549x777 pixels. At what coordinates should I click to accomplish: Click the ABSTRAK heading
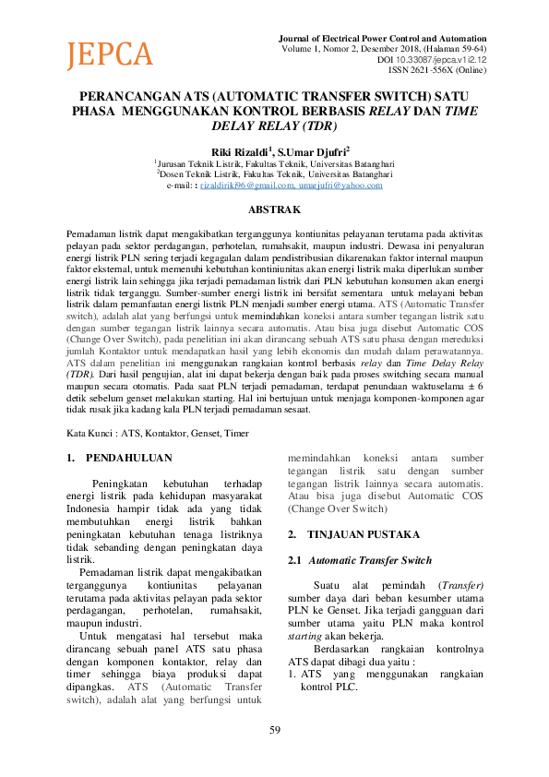[x=274, y=210]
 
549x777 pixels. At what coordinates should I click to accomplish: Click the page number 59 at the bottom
[x=274, y=731]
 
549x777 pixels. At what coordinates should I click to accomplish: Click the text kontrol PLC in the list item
[x=329, y=687]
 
